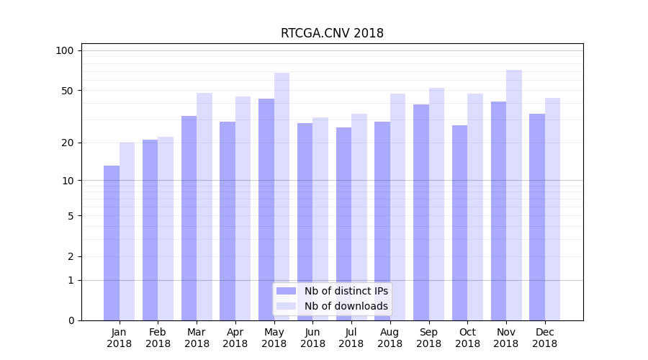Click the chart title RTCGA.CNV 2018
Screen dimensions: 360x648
coord(332,33)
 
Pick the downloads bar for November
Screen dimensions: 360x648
coord(514,194)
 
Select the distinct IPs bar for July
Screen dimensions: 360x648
coord(343,223)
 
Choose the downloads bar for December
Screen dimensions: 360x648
coord(553,209)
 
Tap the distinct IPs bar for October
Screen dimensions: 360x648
coord(459,222)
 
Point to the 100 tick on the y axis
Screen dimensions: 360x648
coord(65,50)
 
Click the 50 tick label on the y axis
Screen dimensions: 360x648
coord(67,91)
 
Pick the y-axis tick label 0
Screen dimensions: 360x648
coord(71,320)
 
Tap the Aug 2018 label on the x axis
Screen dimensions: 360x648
coord(390,338)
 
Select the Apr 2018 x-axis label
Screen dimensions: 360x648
coord(235,338)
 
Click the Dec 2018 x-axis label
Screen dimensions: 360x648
coord(545,338)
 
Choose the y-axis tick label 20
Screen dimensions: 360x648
coord(67,143)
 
